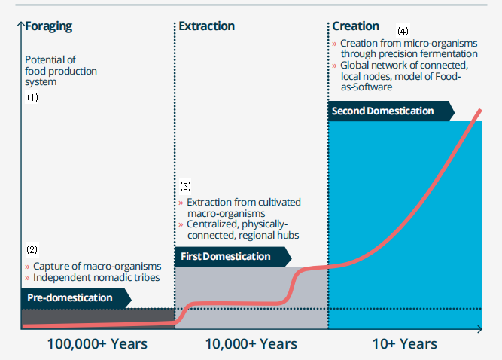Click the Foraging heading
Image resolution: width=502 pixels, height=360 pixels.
pos(49,26)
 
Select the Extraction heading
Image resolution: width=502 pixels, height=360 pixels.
pos(206,26)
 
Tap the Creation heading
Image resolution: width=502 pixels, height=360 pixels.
pos(356,26)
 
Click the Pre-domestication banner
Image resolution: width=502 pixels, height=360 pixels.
pos(76,297)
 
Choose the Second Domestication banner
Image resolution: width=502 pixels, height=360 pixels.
pos(391,111)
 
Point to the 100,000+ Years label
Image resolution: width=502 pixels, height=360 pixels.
pos(97,344)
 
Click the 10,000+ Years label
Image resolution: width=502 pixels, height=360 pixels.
pos(251,344)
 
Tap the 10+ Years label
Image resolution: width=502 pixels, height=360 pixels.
pos(405,344)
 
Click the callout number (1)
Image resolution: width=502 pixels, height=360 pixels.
pos(32,97)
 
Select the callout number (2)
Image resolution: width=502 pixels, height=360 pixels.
pos(32,249)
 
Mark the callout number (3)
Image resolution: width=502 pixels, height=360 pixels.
pos(185,186)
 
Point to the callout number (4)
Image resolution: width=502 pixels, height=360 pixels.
pos(403,31)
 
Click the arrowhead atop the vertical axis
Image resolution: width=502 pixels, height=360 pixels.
pos(21,23)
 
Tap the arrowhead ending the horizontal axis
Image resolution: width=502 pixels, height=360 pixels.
pos(480,329)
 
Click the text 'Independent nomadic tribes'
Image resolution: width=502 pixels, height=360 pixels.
pos(96,277)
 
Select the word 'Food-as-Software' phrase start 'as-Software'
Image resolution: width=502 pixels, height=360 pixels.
pos(367,87)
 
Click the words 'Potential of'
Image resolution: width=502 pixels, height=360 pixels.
pos(50,60)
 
